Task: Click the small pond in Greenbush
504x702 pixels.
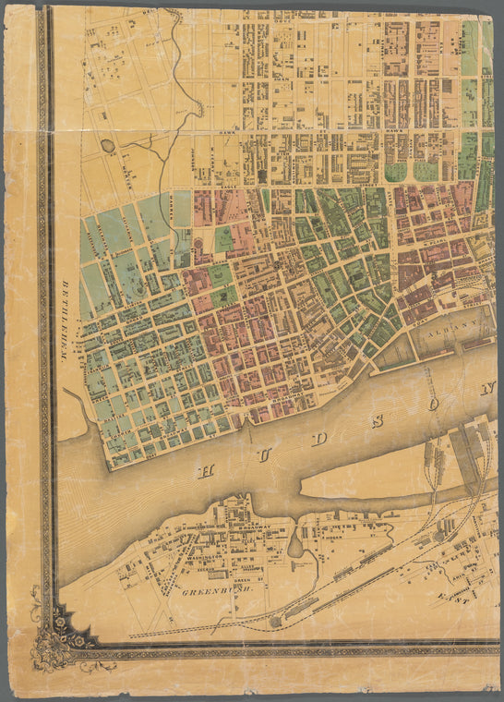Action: point(294,547)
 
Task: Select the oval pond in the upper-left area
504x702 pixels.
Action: point(109,146)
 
